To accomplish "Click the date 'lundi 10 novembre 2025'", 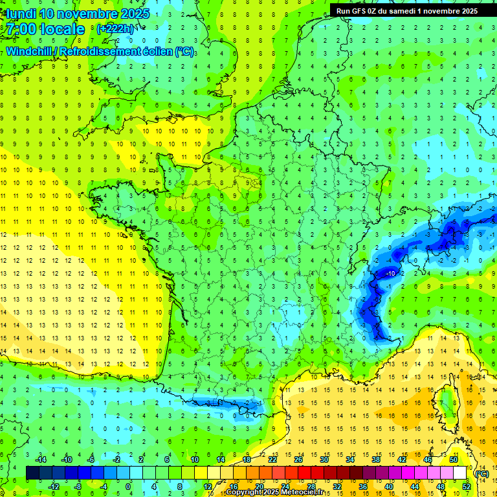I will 76,13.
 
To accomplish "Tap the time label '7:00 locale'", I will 45,29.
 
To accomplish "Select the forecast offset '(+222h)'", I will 116,28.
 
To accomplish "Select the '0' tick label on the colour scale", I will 127,486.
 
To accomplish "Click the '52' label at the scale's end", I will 467,486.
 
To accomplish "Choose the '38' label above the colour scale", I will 375,459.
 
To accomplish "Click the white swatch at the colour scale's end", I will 460,473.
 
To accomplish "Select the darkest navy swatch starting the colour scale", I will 32,473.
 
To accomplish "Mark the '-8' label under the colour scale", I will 77,486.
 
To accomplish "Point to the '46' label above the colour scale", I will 428,459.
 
